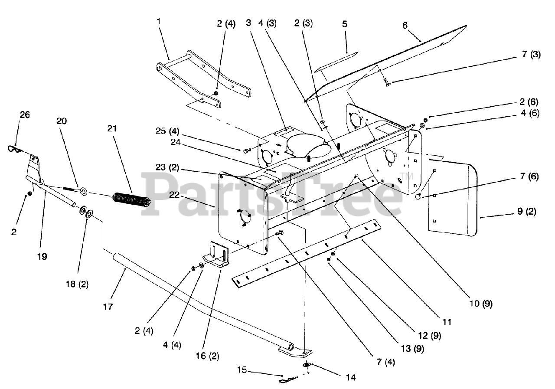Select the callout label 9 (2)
[x=526, y=213]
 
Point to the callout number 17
[x=108, y=307]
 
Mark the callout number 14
[x=351, y=378]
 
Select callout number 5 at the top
[x=344, y=24]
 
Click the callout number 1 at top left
[x=159, y=20]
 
